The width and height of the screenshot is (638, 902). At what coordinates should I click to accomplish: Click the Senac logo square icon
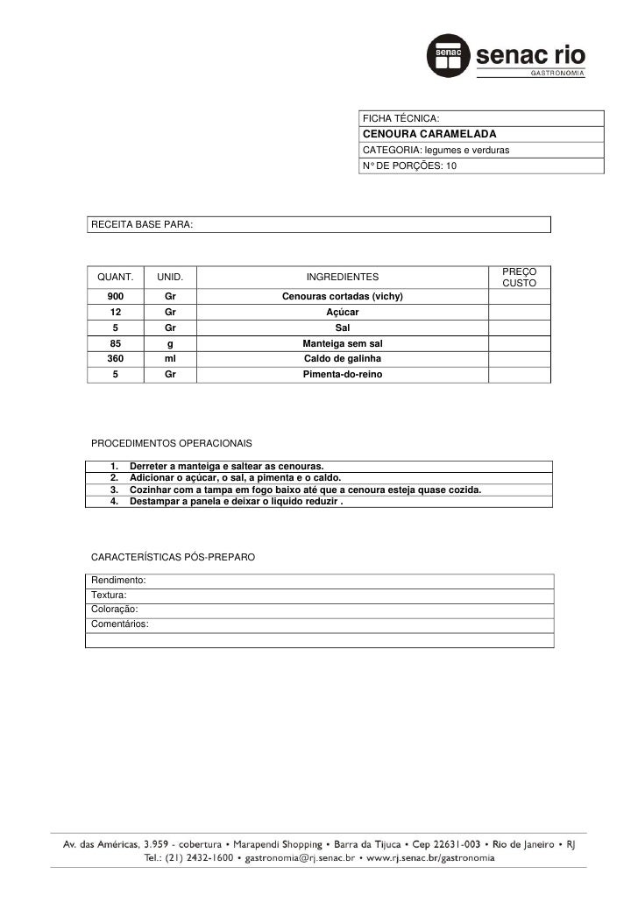[x=446, y=56]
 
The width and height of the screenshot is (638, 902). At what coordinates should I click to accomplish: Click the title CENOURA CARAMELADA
[x=429, y=134]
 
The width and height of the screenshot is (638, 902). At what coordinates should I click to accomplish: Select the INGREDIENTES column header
[x=342, y=277]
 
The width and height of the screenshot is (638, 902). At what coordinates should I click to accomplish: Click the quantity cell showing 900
[x=115, y=297]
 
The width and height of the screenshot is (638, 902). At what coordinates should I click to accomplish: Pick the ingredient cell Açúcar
[x=342, y=313]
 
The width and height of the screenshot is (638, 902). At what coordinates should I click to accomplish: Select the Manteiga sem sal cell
[x=342, y=344]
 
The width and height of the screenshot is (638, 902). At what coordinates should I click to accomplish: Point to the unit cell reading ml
[x=170, y=359]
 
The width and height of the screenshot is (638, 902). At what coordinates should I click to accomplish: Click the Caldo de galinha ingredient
[x=342, y=359]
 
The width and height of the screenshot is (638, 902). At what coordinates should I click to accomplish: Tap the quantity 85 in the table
[x=115, y=344]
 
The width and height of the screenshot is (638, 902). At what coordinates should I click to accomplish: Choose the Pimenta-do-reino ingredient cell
[x=342, y=375]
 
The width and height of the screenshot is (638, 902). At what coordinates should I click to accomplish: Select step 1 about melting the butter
[x=226, y=464]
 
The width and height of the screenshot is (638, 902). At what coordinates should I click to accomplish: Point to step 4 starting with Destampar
[x=236, y=501]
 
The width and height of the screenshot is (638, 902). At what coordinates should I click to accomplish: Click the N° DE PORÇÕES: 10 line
[x=409, y=166]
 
